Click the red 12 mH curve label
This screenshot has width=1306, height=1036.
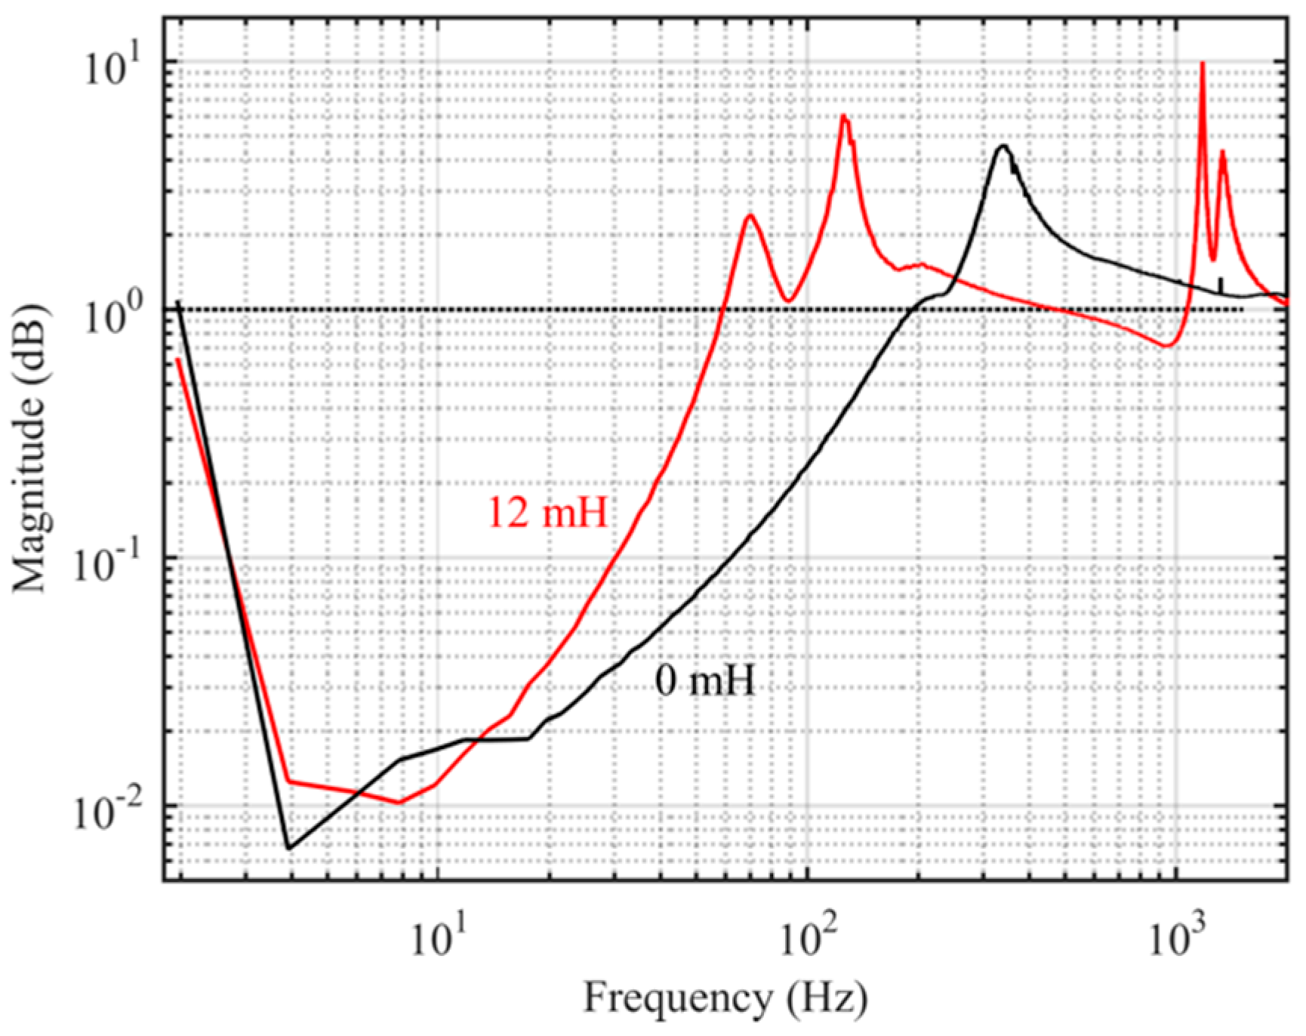point(548,513)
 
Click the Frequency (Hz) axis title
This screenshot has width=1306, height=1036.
point(725,998)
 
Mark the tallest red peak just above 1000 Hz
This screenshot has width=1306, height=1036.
point(1202,63)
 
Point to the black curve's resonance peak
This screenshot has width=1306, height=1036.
point(1003,146)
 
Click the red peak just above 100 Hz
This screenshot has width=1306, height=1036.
point(844,116)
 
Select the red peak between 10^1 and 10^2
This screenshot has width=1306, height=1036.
point(750,216)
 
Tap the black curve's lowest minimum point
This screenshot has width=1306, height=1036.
point(288,848)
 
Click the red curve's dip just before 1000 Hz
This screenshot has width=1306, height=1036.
point(1167,346)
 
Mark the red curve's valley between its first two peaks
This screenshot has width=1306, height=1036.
point(787,301)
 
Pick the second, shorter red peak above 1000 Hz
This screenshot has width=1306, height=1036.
point(1222,151)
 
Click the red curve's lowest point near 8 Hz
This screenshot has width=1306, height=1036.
point(399,803)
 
